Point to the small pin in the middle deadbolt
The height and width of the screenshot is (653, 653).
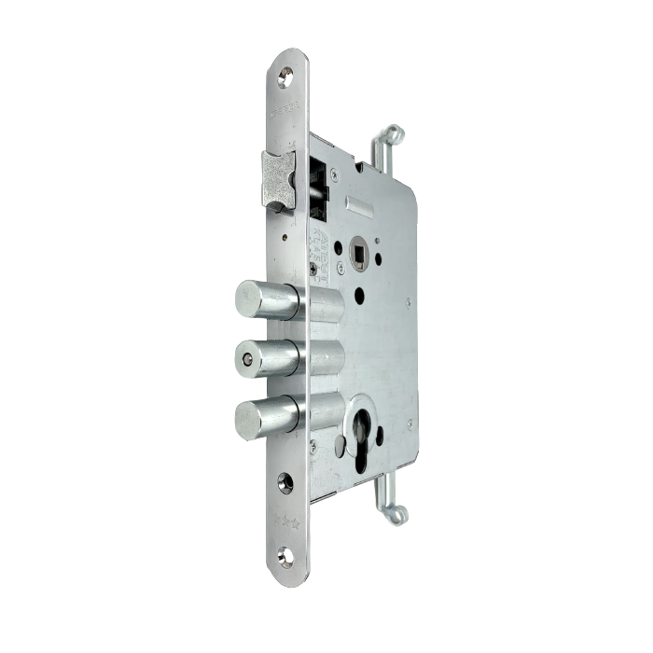pyautogui.click(x=246, y=358)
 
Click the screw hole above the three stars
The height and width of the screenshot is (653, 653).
pyautogui.click(x=283, y=487)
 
